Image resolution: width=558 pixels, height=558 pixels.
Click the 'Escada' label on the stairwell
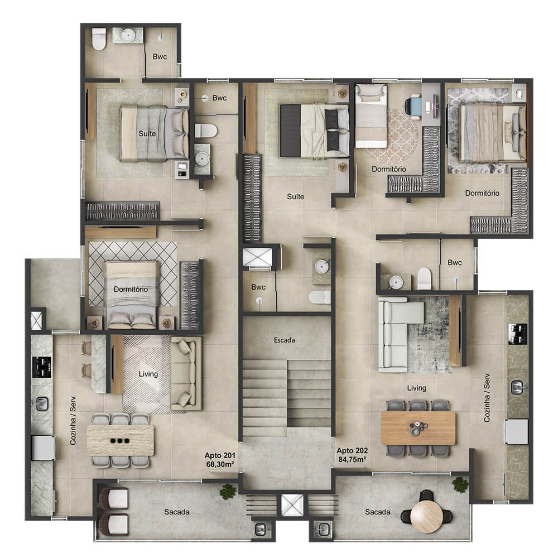[x=285, y=340]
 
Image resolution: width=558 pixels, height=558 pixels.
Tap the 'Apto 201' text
[x=220, y=455]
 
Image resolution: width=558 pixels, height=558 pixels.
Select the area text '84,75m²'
[x=352, y=459]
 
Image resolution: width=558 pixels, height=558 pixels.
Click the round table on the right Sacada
[x=427, y=516]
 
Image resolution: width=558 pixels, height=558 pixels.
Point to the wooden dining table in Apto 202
[x=418, y=428]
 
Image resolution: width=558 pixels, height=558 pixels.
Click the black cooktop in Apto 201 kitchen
[x=42, y=367]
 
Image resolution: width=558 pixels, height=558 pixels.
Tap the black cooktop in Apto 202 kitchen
[x=517, y=334]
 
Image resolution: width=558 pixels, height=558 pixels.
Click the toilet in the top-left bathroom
[x=99, y=39]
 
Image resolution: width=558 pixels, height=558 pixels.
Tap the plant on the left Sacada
[x=228, y=492]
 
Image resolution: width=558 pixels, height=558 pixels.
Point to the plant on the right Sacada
[x=460, y=485]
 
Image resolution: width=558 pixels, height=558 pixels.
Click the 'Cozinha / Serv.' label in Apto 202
[x=487, y=397]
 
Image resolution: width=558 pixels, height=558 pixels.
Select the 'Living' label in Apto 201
[x=148, y=374]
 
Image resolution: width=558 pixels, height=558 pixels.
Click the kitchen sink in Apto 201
[x=42, y=404]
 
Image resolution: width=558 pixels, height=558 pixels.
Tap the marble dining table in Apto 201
[x=121, y=441]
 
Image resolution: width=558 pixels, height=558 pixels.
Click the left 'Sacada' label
[x=176, y=512]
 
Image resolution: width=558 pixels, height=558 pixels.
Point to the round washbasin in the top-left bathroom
[x=128, y=35]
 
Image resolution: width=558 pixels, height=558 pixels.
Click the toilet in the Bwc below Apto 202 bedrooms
[x=424, y=278]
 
